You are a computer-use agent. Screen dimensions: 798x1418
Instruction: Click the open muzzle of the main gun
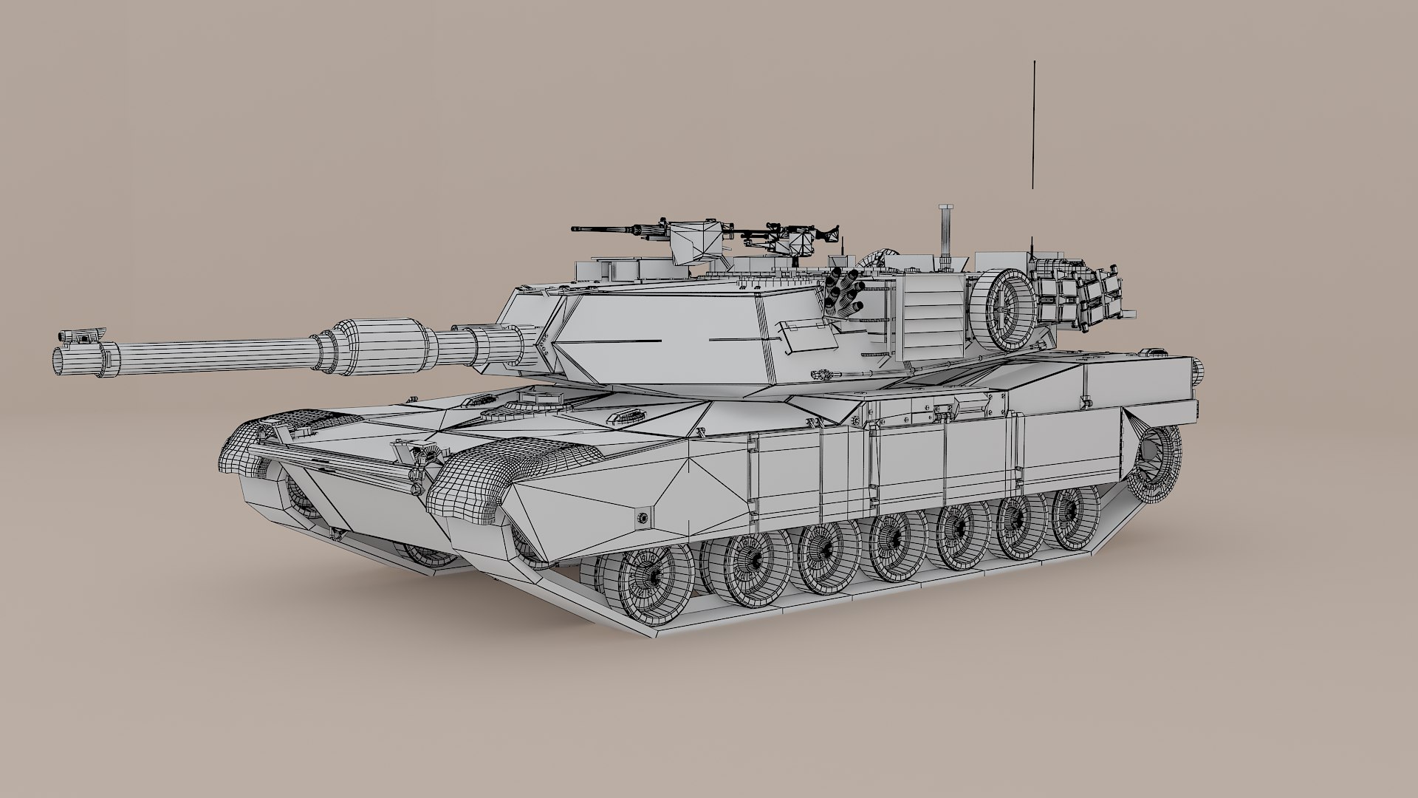coord(59,361)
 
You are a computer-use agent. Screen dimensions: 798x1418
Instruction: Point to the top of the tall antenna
coord(1035,64)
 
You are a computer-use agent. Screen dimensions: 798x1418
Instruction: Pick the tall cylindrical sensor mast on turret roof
coord(945,236)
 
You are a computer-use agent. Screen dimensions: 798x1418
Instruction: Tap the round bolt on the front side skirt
coord(641,516)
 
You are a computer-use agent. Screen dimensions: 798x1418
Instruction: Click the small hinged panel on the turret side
coord(805,336)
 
